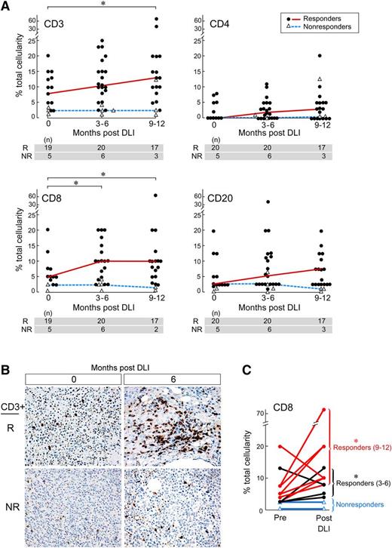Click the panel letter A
pos(7,6)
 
